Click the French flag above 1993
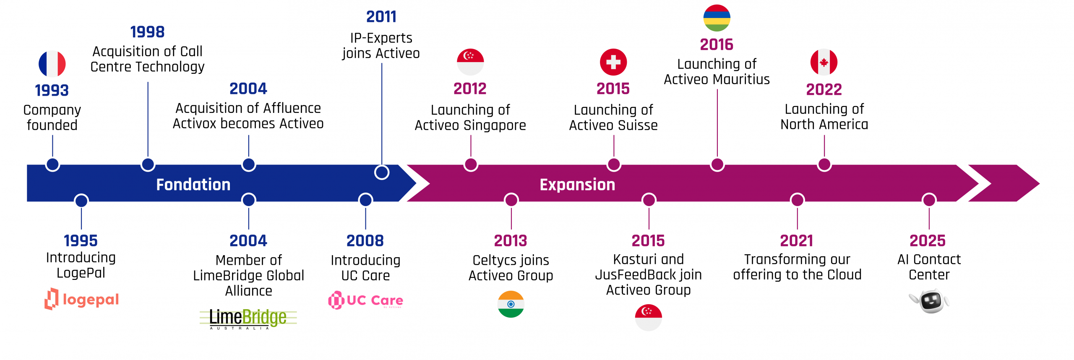[52, 64]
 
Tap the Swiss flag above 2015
[613, 62]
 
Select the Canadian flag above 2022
[824, 62]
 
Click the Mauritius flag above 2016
[717, 18]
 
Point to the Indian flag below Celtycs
[511, 304]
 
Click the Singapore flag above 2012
[470, 62]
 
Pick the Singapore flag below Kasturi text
[649, 318]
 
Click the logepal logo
[82, 299]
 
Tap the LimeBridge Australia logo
[248, 319]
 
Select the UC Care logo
[365, 300]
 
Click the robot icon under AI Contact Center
[929, 301]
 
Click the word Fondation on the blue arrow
[193, 185]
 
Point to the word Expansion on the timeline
[577, 185]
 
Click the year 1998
[147, 32]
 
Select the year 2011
[381, 17]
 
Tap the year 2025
[928, 241]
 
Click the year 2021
[797, 241]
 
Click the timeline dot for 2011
[382, 172]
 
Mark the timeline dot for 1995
[81, 201]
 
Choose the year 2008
[365, 241]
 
